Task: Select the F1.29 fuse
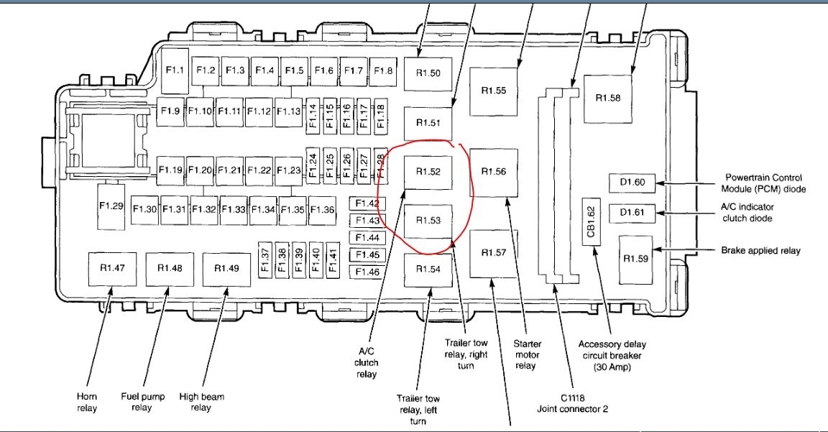(112, 206)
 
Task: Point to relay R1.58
(608, 97)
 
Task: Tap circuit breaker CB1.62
(591, 221)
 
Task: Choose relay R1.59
(635, 259)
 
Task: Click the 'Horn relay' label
(87, 402)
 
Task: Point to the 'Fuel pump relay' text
(142, 402)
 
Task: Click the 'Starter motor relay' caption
(527, 355)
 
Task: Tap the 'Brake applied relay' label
(760, 251)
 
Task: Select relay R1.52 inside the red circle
(428, 173)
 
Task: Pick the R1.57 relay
(493, 253)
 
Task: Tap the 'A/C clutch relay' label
(366, 362)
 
